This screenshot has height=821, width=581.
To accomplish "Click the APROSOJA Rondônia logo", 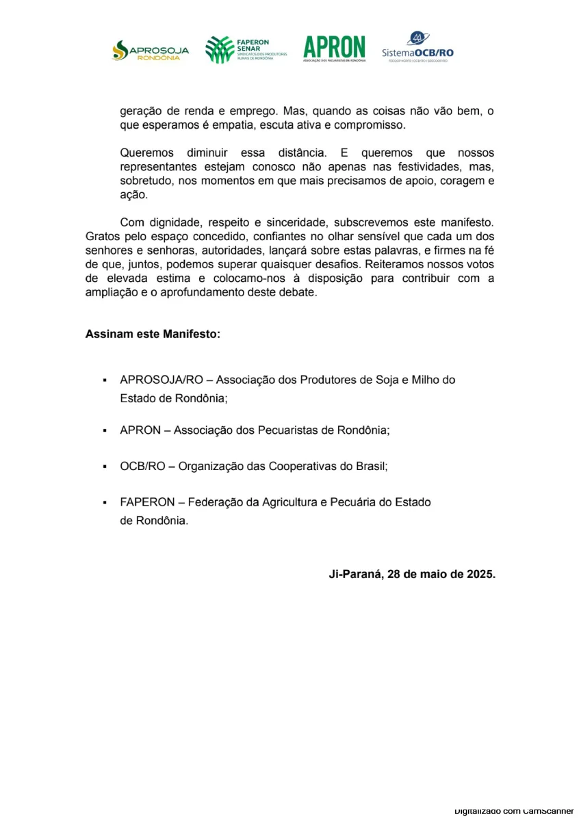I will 151,51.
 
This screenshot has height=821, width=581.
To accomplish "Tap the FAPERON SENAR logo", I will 246,50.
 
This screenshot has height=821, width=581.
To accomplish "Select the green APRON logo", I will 335,49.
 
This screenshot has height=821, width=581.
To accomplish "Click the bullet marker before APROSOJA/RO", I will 105,380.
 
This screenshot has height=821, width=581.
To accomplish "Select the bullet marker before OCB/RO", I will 105,466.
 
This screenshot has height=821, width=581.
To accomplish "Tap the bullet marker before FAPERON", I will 105,503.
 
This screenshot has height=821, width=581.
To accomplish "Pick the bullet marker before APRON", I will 105,431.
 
